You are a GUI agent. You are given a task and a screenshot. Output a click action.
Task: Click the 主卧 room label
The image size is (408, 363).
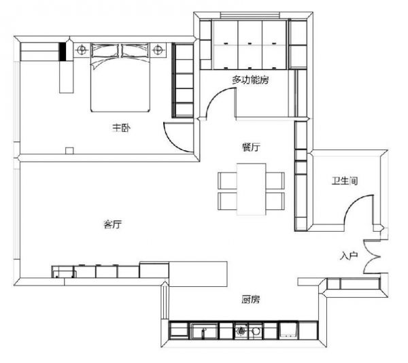click(121, 128)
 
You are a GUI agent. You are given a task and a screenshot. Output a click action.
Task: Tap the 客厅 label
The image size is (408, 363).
click(112, 224)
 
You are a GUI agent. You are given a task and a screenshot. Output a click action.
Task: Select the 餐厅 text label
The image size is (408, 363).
click(251, 148)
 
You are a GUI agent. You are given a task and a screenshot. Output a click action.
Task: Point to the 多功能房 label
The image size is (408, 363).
click(250, 80)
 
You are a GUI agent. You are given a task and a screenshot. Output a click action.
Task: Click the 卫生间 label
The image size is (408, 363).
click(345, 180)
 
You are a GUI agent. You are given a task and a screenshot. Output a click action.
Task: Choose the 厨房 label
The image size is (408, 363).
click(250, 300)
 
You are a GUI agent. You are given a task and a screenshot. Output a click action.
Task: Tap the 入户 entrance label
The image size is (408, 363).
click(349, 256)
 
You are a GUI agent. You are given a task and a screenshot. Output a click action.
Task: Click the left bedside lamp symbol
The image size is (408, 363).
click(82, 49)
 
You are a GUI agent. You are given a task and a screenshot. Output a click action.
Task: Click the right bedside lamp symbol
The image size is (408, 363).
click(158, 49)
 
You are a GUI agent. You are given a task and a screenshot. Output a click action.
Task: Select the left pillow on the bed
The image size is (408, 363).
click(105, 50)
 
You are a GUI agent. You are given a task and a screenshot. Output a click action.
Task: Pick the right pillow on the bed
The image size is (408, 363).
click(135, 50)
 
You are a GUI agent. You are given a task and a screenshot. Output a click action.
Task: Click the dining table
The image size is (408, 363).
click(251, 189)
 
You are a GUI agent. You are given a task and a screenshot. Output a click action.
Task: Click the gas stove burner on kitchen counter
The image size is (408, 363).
click(241, 331)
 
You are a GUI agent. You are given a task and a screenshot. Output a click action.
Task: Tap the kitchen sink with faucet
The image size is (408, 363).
click(204, 331)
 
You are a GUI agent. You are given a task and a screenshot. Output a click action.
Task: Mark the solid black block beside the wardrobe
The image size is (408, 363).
click(62, 52)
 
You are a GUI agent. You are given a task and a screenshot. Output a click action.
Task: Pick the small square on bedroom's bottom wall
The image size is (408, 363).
click(69, 150)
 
